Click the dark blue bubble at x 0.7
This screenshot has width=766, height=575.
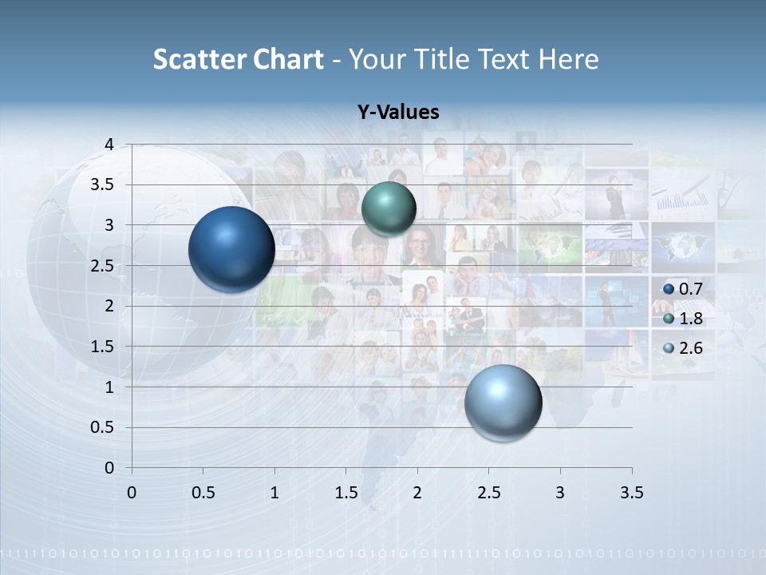pyautogui.click(x=231, y=249)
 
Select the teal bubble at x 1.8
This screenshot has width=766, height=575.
pyautogui.click(x=389, y=208)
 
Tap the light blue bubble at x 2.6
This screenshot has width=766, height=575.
pyautogui.click(x=503, y=402)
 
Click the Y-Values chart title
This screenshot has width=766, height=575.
pyautogui.click(x=397, y=113)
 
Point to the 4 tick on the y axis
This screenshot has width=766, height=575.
pyautogui.click(x=109, y=145)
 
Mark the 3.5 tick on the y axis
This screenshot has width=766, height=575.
pyautogui.click(x=104, y=185)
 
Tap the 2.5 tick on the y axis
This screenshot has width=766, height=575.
pyautogui.click(x=104, y=266)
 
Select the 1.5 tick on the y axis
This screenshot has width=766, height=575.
pyautogui.click(x=104, y=347)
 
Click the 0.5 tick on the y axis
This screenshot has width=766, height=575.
pyautogui.click(x=104, y=427)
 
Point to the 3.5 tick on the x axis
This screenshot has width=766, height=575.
pyautogui.click(x=631, y=493)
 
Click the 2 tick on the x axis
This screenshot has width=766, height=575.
pyautogui.click(x=417, y=493)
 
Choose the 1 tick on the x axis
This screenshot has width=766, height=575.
pyautogui.click(x=274, y=493)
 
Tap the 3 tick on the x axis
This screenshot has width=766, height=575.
pyautogui.click(x=560, y=493)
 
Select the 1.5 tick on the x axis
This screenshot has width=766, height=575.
pyautogui.click(x=345, y=493)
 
